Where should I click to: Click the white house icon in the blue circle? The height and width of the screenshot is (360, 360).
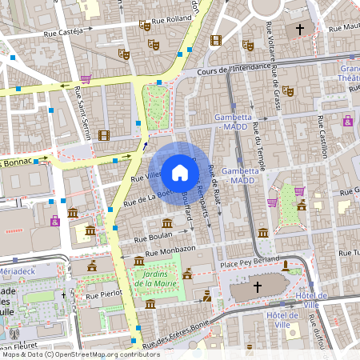(179, 171)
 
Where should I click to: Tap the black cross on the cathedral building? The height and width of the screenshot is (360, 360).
(258, 286)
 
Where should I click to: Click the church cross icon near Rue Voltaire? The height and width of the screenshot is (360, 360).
(300, 30)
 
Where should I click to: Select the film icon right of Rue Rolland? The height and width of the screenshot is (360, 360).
(214, 39)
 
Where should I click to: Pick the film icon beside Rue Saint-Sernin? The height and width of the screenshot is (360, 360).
(103, 134)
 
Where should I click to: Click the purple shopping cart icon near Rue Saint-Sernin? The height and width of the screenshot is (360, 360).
(86, 78)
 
